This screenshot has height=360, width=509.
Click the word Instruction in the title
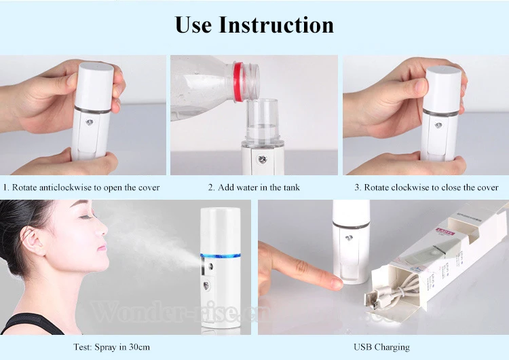click(x=276, y=24)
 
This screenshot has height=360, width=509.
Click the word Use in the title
click(x=193, y=24)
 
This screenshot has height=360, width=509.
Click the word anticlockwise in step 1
click(x=64, y=187)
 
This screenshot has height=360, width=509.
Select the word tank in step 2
click(x=291, y=187)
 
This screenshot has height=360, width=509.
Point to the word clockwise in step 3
click(x=407, y=187)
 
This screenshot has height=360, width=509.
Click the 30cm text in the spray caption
click(x=140, y=347)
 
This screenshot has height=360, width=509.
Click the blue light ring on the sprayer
click(x=221, y=256)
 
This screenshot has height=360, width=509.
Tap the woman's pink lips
click(x=102, y=247)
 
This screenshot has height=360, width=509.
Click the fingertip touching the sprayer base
click(x=337, y=285)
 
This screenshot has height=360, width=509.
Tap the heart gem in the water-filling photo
click(x=262, y=160)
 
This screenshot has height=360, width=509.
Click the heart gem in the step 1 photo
click(x=90, y=123)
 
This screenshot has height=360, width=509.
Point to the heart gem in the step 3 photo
click(x=438, y=125)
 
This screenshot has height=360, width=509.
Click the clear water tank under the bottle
click(x=262, y=122)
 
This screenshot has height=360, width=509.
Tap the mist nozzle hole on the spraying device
click(x=209, y=267)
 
